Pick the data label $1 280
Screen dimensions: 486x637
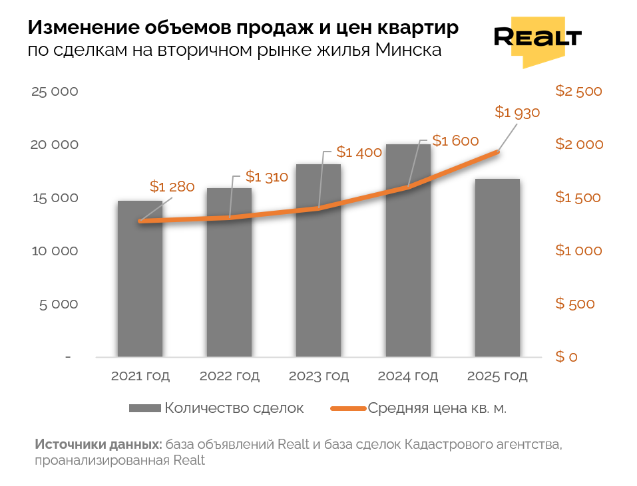(x=172, y=187)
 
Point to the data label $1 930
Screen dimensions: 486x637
(x=517, y=112)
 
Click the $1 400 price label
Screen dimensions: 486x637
(x=359, y=152)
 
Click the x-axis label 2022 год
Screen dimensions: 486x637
(x=230, y=376)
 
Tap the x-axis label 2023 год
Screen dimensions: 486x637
(x=319, y=376)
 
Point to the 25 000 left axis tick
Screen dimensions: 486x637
(x=55, y=92)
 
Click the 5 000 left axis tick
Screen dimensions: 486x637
(x=59, y=304)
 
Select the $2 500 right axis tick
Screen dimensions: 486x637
(x=578, y=92)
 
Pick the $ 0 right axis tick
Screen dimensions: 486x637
(x=566, y=357)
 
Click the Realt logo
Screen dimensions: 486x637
(x=537, y=39)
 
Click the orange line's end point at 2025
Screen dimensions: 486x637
(x=497, y=152)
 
